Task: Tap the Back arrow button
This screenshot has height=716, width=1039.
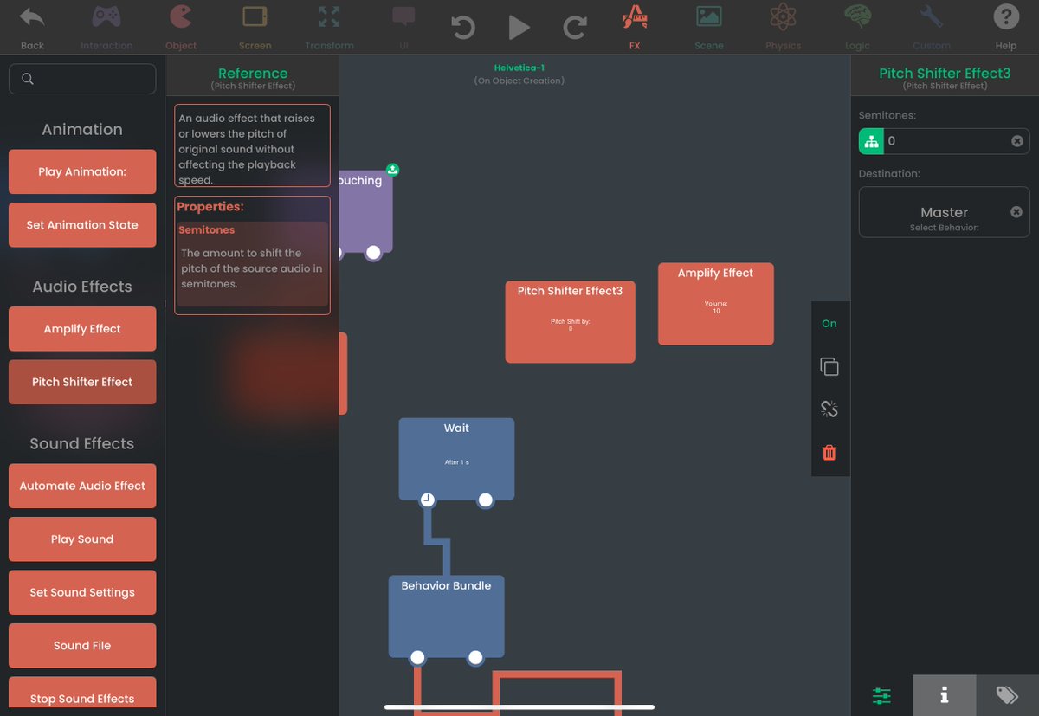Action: coord(32,17)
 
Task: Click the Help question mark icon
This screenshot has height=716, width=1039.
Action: coord(1006,17)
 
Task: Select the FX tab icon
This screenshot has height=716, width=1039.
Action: coord(635,17)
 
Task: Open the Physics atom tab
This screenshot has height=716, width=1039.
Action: coord(783,17)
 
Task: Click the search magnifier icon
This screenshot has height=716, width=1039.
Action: coord(28,79)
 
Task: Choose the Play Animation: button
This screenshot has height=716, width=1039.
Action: coord(82,171)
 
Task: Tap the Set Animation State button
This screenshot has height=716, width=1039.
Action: coord(82,225)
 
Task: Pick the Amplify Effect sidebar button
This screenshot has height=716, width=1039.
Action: coord(82,329)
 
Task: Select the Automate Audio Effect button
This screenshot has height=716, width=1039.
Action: coord(82,487)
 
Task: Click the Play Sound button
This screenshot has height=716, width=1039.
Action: coord(82,539)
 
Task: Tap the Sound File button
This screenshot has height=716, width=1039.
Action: coord(82,646)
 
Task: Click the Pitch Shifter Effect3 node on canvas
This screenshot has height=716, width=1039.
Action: coord(570,321)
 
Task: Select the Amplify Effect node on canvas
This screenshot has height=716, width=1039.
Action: coord(715,304)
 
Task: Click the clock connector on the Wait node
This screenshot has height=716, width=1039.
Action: coord(427,500)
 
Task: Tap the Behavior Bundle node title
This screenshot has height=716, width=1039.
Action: coord(446,586)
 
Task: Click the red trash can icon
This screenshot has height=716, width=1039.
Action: coord(829,452)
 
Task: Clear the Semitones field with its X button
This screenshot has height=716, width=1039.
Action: coord(1017,141)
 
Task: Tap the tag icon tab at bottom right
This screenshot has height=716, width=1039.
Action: coord(1007,694)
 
